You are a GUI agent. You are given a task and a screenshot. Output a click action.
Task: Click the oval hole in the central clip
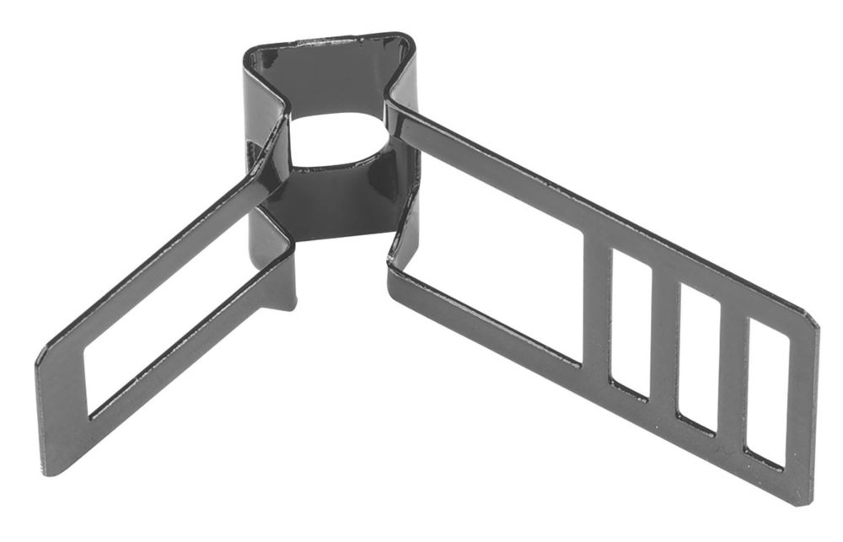pyautogui.click(x=337, y=139)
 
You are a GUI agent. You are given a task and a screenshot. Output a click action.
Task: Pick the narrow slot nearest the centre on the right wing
pyautogui.click(x=631, y=325)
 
